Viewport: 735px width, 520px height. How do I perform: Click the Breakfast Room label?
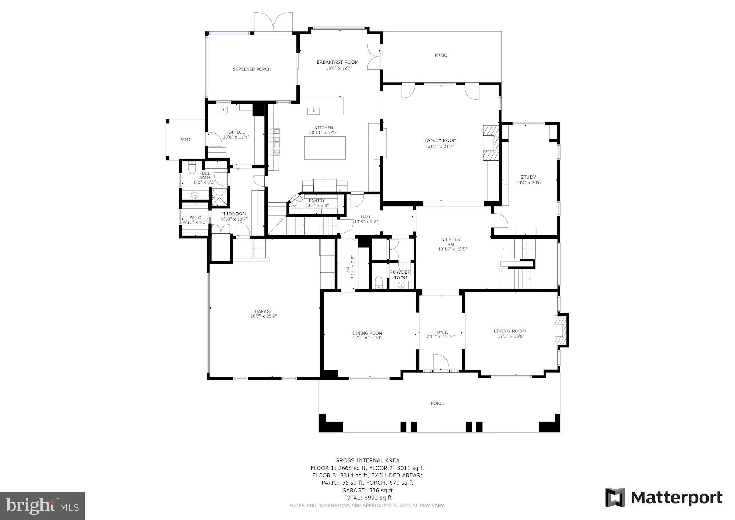point(337,62)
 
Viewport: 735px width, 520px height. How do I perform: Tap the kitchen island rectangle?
point(325,148)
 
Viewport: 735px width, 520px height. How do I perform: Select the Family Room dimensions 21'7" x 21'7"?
point(441,146)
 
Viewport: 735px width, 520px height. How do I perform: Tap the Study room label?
point(528,177)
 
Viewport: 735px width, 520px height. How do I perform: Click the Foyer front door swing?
point(441,362)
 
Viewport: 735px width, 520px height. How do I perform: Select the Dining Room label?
point(367,333)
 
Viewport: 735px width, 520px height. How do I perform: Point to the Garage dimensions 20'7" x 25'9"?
point(263,316)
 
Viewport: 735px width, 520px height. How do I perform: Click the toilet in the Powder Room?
point(379,283)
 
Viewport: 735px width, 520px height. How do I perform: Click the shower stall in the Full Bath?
point(218,197)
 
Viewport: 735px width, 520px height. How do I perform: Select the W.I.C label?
point(195,217)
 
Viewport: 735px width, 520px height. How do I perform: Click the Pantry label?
point(316,201)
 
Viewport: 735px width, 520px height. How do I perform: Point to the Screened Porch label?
point(252,69)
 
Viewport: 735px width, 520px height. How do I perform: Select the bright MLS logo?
point(42,506)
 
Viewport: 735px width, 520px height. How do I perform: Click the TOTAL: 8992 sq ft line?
point(367,498)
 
